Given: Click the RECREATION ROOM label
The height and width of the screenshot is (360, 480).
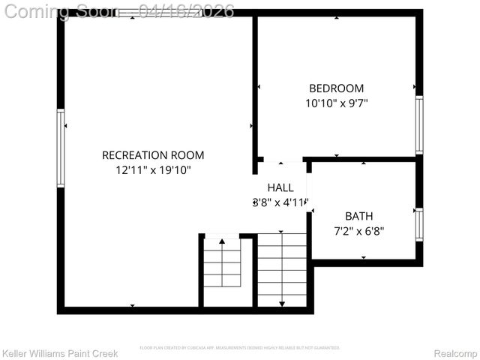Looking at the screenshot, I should (153, 155).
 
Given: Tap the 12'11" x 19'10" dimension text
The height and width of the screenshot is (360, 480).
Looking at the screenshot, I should (153, 170).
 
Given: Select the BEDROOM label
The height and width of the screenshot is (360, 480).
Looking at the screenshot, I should (336, 88).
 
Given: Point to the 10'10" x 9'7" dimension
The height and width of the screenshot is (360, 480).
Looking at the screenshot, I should (336, 103).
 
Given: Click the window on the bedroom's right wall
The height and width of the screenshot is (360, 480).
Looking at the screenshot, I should (419, 125).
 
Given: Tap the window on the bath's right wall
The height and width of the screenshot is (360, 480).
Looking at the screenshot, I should (419, 224).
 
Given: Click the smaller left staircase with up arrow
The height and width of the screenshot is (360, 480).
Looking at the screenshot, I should (222, 265).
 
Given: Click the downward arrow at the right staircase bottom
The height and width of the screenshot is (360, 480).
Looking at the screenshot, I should (282, 303).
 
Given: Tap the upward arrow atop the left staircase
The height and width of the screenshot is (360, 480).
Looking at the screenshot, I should (222, 241).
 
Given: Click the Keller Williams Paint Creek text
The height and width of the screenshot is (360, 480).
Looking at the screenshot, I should (60, 353).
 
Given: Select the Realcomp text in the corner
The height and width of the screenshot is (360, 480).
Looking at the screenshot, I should (455, 353).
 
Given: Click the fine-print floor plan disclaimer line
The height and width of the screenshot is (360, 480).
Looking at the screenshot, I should (240, 348).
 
